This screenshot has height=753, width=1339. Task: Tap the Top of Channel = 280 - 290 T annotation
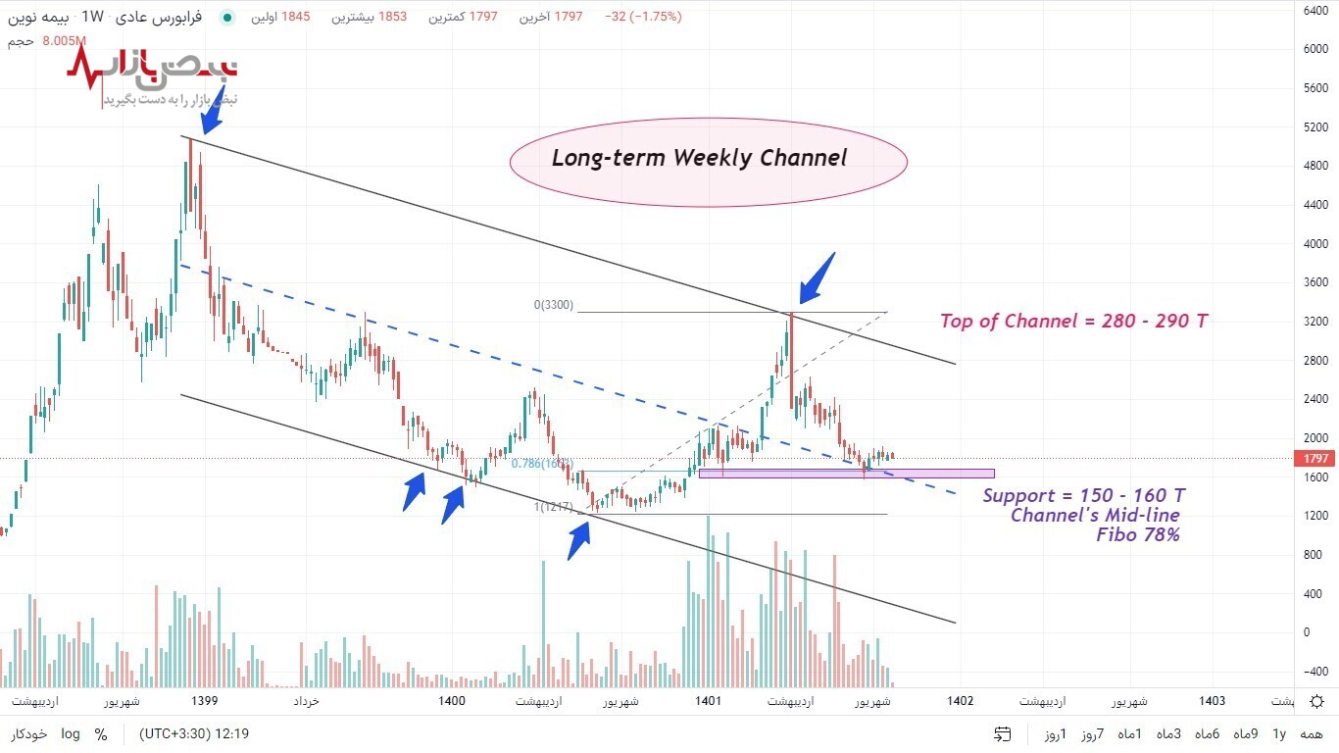pyautogui.click(x=1073, y=321)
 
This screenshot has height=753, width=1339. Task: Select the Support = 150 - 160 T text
pyautogui.click(x=1083, y=495)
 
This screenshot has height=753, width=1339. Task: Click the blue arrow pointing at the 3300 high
pyautogui.click(x=817, y=277)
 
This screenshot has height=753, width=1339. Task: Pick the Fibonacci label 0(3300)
pyautogui.click(x=554, y=305)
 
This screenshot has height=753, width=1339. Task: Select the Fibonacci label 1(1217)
pyautogui.click(x=554, y=507)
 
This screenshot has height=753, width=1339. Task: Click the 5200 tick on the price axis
pyautogui.click(x=1315, y=127)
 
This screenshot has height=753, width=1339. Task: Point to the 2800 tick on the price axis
pyautogui.click(x=1315, y=361)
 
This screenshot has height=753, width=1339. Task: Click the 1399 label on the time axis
pyautogui.click(x=205, y=701)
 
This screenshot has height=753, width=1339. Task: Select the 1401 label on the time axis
pyautogui.click(x=709, y=701)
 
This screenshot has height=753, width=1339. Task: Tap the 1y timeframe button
pyautogui.click(x=1278, y=733)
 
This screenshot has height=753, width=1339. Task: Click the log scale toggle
pyautogui.click(x=71, y=733)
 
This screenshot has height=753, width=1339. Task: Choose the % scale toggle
pyautogui.click(x=101, y=733)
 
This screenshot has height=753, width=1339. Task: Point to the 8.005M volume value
pyautogui.click(x=65, y=41)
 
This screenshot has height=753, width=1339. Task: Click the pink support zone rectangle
pyautogui.click(x=846, y=474)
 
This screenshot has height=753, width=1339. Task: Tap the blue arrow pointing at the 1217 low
pyautogui.click(x=579, y=539)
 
